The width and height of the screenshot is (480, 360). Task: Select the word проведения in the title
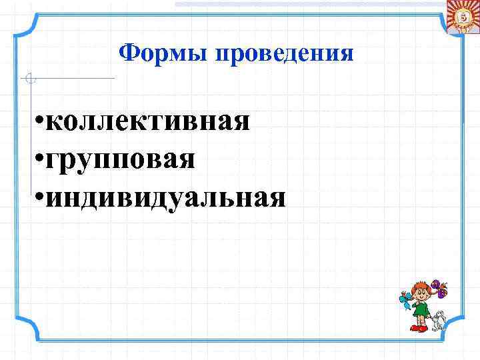pos(284,52)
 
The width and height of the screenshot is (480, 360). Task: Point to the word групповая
pos(122,159)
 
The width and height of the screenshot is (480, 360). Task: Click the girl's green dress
pos(421,310)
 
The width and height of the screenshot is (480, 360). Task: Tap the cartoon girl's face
pos(421,294)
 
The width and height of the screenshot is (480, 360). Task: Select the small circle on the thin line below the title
pos(29,79)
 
